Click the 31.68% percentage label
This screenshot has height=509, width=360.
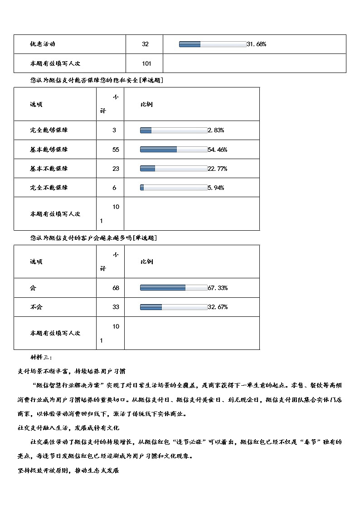[256, 44]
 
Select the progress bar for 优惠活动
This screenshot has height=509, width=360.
[212, 44]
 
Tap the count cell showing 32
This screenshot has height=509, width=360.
[145, 44]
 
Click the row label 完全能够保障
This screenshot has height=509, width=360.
[49, 130]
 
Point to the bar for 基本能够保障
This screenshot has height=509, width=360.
[173, 150]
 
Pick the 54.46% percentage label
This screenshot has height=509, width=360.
[218, 150]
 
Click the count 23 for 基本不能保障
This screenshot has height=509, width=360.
[116, 169]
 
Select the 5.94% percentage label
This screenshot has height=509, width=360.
[216, 188]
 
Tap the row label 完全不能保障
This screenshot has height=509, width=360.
[49, 188]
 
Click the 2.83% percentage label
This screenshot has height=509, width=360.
[216, 130]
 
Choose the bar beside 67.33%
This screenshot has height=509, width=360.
[173, 288]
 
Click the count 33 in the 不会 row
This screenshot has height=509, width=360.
[116, 307]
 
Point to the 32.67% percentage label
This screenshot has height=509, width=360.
[218, 307]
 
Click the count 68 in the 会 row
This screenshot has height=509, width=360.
[116, 288]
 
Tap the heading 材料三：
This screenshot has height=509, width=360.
[42, 358]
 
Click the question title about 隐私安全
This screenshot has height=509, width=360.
[97, 80]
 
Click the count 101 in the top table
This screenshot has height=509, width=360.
[146, 63]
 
